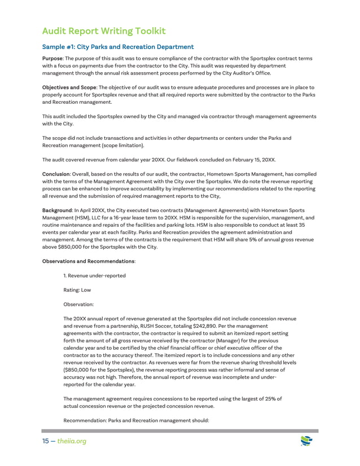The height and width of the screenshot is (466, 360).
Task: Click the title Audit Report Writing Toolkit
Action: click(x=104, y=31)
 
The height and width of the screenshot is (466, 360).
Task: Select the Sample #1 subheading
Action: click(x=118, y=47)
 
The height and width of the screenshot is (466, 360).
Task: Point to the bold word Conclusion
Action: click(x=56, y=174)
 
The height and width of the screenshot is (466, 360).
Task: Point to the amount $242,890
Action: click(x=201, y=326)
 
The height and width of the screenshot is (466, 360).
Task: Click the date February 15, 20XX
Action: click(x=244, y=160)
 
